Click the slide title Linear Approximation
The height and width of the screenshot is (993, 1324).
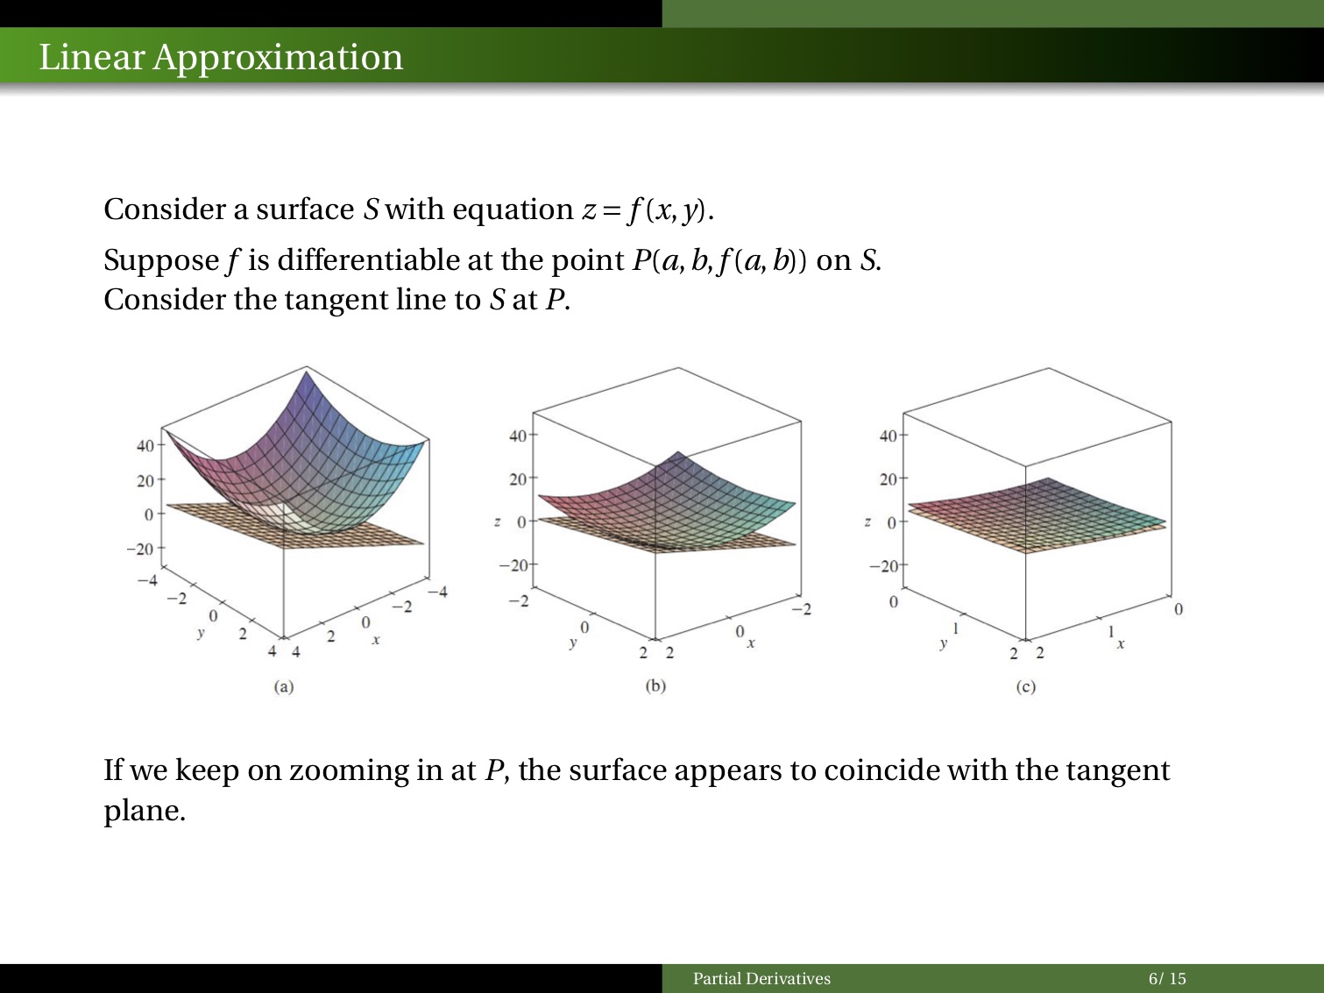click(221, 57)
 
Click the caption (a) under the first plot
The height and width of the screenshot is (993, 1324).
click(283, 686)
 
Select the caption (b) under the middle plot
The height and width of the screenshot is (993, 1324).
click(655, 685)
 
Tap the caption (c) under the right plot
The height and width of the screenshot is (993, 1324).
click(1026, 687)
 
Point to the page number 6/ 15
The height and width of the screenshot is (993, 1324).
click(1167, 979)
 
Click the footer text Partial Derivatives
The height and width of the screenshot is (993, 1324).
click(761, 979)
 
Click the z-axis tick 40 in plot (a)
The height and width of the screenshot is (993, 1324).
click(145, 445)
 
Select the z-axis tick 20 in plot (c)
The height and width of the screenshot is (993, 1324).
click(888, 479)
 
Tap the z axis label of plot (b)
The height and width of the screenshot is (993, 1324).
click(498, 521)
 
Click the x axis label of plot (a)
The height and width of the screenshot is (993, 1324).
click(376, 640)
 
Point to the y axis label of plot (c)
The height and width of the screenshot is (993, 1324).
click(943, 643)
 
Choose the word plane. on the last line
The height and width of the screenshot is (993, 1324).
click(145, 810)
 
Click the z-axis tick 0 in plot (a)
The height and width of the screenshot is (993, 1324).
click(149, 514)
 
